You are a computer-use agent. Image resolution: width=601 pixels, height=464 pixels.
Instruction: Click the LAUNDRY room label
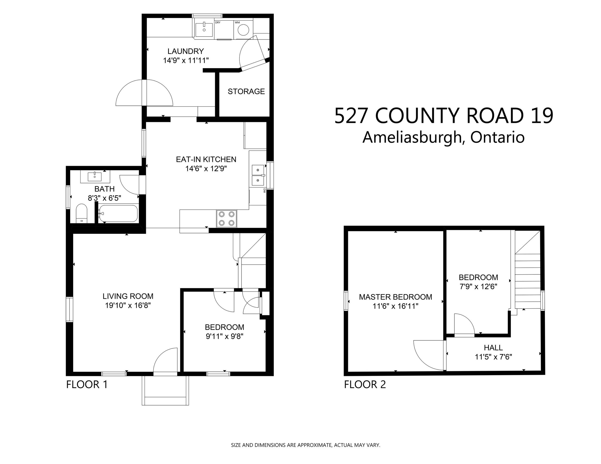tap(186, 51)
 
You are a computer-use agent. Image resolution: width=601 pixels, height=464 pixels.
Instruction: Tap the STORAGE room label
tap(246, 91)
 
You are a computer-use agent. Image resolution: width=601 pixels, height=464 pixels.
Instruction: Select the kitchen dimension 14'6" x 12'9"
tap(206, 169)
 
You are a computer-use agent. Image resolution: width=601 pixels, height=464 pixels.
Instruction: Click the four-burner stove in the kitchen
tap(227, 219)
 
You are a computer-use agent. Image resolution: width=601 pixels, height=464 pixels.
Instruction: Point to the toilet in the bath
tap(81, 213)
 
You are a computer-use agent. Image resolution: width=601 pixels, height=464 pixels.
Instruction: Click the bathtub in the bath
tap(118, 213)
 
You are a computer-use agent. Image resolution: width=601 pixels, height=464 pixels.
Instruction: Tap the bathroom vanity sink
tap(95, 177)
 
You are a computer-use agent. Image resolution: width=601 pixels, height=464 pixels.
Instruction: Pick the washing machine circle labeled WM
tap(243, 30)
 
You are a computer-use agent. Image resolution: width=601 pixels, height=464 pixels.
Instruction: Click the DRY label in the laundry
tap(218, 23)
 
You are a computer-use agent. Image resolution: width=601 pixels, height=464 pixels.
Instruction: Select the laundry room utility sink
tap(204, 30)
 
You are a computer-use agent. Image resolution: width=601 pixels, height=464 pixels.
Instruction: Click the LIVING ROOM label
tap(128, 296)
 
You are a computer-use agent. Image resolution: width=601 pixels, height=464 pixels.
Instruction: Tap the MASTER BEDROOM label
tap(395, 297)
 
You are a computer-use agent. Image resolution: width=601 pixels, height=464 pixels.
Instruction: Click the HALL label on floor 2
tap(493, 348)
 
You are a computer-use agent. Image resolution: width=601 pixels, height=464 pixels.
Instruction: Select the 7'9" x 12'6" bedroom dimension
tap(478, 287)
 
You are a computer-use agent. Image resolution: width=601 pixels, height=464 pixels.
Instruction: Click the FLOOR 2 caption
tap(365, 384)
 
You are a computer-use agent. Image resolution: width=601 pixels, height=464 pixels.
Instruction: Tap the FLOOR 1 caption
tap(87, 384)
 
